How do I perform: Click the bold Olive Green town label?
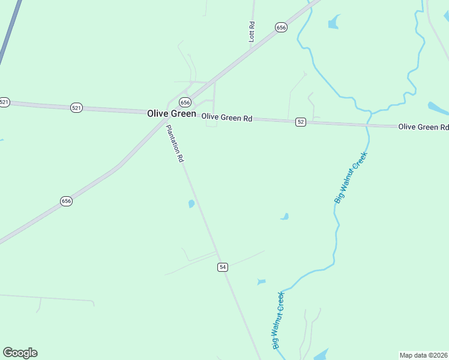[x=171, y=113]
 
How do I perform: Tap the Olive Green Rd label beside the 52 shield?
[x=226, y=118]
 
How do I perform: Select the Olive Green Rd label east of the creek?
[x=424, y=127]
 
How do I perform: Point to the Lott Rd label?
[x=252, y=32]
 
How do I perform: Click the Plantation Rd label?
[x=175, y=144]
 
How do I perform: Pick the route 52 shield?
[x=301, y=122]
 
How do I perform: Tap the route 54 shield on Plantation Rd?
[x=223, y=267]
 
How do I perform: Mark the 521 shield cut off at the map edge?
[x=4, y=102]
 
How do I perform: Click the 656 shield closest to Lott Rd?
[x=281, y=27]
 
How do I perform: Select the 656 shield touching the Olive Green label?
[x=185, y=102]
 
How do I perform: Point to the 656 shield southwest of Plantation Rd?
[x=66, y=201]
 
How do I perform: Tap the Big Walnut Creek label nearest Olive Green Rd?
[x=351, y=177]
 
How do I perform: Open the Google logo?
[x=20, y=353]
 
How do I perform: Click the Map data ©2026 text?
[x=423, y=355]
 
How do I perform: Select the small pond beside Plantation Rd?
[x=191, y=204]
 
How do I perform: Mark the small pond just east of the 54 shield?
[x=261, y=281]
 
